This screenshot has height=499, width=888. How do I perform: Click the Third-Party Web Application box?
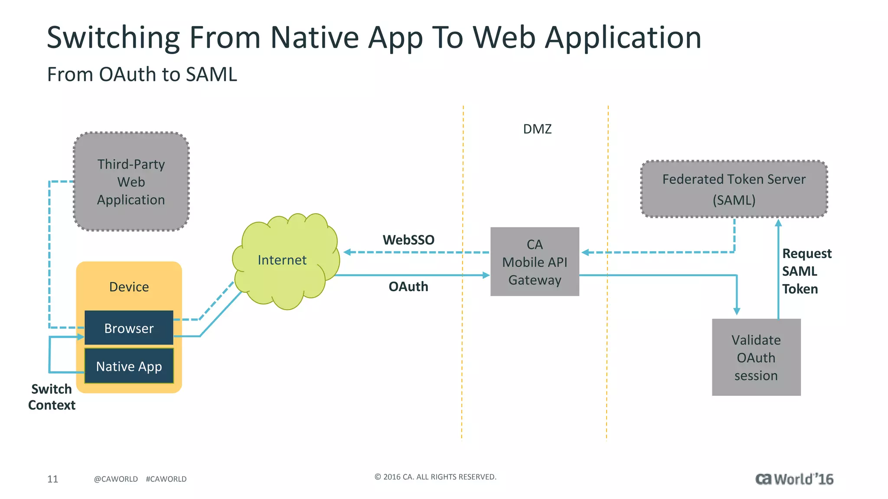point(131,181)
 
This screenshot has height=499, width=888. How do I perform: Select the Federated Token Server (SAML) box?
point(734,189)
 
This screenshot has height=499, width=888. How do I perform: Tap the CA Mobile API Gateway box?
point(535,262)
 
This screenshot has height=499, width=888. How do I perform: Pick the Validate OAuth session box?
point(756,357)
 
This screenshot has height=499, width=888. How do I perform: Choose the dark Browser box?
point(129,328)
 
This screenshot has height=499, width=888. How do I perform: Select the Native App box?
point(129,366)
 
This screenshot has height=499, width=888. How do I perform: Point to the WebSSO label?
point(408,240)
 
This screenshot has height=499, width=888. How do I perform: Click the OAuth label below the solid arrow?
point(408,286)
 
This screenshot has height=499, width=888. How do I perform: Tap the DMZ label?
point(537,129)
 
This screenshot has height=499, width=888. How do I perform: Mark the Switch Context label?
point(52,397)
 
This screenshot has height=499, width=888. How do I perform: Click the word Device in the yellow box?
point(129,287)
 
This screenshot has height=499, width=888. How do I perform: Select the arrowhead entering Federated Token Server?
point(778,223)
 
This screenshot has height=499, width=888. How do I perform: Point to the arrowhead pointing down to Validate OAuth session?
point(737,311)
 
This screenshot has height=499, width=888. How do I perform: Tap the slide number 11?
point(52,479)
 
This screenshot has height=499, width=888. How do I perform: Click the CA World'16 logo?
point(794,479)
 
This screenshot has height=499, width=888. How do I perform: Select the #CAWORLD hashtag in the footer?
point(166,479)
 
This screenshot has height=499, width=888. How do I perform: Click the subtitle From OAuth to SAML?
point(142,75)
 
